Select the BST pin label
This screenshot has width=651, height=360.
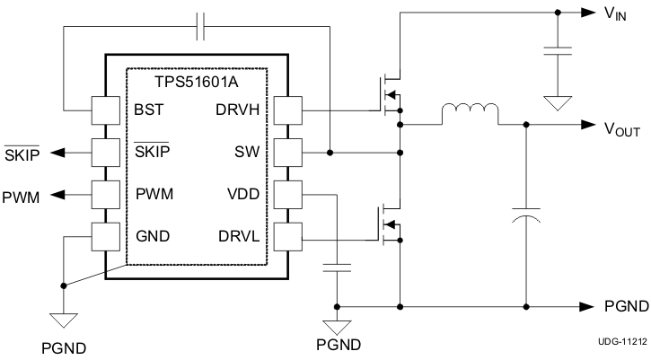[x=149, y=110]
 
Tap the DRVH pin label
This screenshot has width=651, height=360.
[x=238, y=110]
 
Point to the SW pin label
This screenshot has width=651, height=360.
[x=248, y=153]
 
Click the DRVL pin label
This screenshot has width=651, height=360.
[x=239, y=236]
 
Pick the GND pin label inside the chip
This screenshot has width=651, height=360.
[x=153, y=236]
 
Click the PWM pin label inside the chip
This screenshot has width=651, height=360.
[x=155, y=194]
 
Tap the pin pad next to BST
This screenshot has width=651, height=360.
[x=106, y=110]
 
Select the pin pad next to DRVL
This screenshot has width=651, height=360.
[x=288, y=236]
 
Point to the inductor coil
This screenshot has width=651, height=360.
[x=470, y=113]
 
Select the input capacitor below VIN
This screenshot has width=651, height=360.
[x=558, y=50]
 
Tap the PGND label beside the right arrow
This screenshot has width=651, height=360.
[x=626, y=306]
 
